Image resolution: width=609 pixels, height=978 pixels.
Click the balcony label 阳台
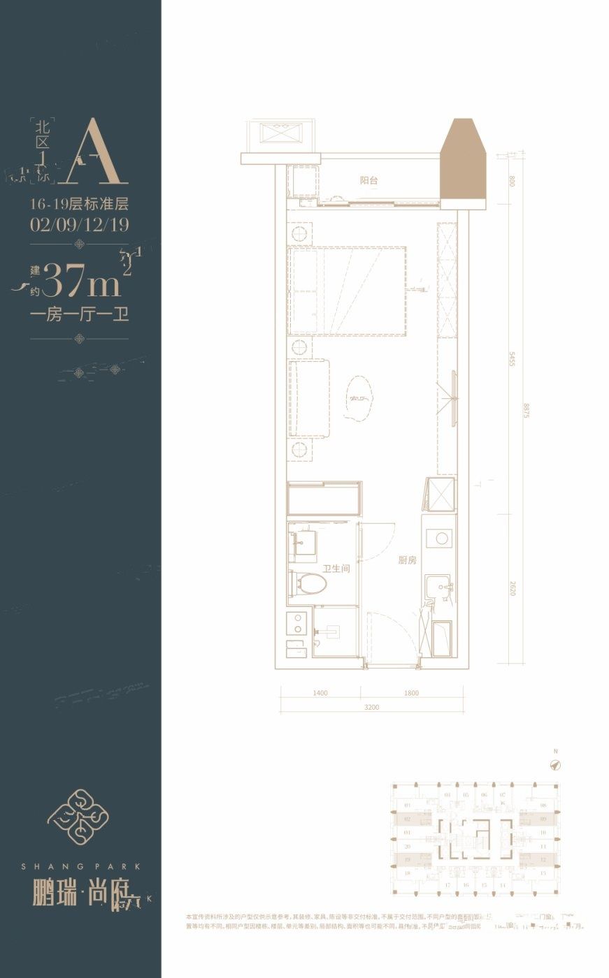[369, 180]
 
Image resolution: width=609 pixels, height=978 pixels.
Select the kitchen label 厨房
[408, 560]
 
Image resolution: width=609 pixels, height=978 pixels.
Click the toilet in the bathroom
[309, 583]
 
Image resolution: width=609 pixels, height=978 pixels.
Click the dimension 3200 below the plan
[371, 708]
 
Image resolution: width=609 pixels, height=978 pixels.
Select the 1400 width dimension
[320, 693]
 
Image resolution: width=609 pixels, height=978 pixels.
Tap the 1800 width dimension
[411, 693]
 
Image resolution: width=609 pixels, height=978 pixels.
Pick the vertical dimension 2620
[512, 587]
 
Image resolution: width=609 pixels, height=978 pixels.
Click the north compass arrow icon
[556, 765]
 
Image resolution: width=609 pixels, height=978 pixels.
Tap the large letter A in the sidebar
[88, 152]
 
